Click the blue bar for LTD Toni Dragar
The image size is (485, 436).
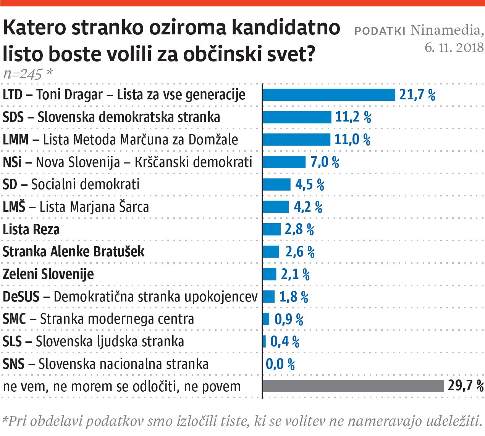(329, 94)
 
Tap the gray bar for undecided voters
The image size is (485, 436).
(354, 386)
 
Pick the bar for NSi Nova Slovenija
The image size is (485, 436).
(285, 162)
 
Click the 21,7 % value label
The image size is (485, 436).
(417, 94)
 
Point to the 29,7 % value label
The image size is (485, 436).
(465, 386)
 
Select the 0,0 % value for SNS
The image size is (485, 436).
(280, 364)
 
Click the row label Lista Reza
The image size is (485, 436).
(31, 229)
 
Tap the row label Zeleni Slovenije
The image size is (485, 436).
(48, 274)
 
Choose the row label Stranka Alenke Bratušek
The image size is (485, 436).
(74, 252)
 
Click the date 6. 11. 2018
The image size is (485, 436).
(454, 47)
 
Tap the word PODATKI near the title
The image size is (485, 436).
(380, 31)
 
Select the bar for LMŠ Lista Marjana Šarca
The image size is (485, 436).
(276, 207)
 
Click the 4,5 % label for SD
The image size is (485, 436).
(310, 185)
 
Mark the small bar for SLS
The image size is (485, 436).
(264, 341)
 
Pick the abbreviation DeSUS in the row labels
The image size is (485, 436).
(21, 297)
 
